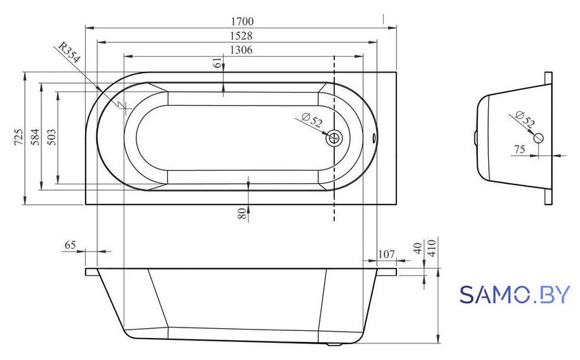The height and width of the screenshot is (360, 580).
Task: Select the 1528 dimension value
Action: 241,35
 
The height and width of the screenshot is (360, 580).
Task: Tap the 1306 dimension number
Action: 241,50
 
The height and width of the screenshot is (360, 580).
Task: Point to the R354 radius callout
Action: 69,53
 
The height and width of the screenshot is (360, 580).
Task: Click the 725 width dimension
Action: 18,137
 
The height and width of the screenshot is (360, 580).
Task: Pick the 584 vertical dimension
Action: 35,137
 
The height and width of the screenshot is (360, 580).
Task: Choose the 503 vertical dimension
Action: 52,137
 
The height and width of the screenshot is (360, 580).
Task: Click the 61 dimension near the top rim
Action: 218,63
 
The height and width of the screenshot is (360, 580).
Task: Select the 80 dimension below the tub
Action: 242,213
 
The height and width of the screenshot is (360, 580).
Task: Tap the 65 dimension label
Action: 70,245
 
